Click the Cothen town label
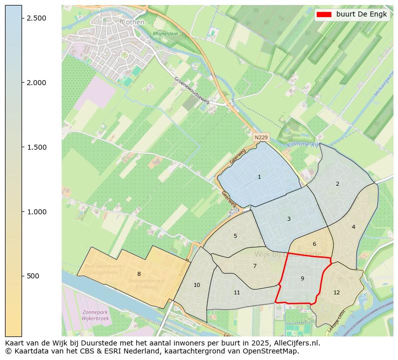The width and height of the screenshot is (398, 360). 133,22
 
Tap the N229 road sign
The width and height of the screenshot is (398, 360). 261,137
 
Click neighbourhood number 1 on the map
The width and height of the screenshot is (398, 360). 259,177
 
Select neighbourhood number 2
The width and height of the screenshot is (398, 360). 337,184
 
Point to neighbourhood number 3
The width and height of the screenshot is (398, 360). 289,219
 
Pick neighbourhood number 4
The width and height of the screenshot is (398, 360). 353,227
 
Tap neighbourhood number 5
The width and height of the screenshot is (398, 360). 235,236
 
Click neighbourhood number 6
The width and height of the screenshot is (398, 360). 314,244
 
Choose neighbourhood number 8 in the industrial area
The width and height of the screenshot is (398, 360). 139,274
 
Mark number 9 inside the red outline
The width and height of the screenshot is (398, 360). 302,278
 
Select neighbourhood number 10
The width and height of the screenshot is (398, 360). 196,285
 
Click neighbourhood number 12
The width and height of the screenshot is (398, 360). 336,292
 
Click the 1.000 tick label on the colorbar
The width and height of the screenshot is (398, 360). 36,212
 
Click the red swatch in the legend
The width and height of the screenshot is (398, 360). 324,15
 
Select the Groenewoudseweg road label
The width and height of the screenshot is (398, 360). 191,90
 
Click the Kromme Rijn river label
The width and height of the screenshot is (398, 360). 302,145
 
